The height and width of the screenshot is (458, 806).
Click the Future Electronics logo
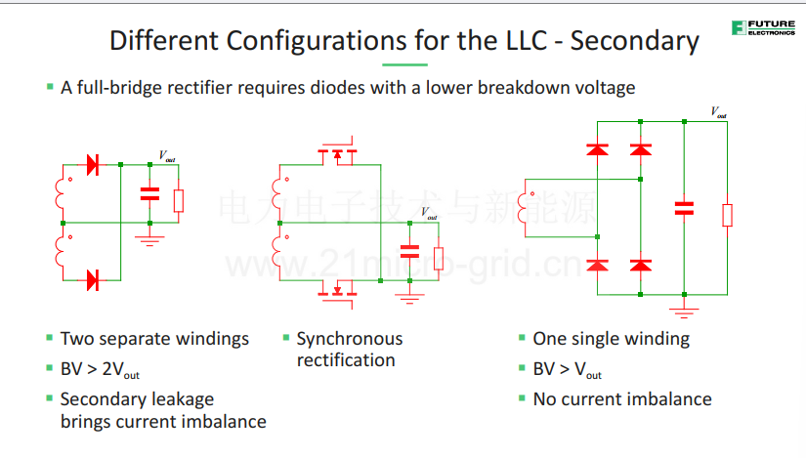[x=763, y=27]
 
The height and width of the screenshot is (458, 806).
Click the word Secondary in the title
[x=635, y=41]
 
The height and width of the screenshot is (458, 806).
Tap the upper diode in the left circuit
[x=93, y=165]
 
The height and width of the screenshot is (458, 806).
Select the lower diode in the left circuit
[x=93, y=280]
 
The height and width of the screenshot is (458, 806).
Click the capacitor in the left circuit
[x=149, y=193]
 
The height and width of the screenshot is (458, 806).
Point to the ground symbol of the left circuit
[x=149, y=240]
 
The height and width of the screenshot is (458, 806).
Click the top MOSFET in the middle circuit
[x=337, y=152]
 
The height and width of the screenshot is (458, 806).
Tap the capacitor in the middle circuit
[x=409, y=251]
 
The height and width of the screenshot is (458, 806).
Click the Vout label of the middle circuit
[x=429, y=213]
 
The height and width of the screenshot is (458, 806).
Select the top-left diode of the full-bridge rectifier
[x=597, y=149]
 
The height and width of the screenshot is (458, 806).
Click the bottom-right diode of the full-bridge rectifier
[x=641, y=266]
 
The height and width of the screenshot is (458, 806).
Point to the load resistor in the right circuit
[x=727, y=216]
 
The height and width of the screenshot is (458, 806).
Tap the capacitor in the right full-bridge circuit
[x=684, y=208]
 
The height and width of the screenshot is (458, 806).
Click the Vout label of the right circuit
[x=719, y=112]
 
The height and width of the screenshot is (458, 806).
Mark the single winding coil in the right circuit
[x=523, y=208]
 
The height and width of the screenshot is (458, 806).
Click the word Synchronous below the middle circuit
[x=350, y=339]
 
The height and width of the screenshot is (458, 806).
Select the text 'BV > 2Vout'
[x=100, y=369]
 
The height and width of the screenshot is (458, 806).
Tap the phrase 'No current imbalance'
[x=622, y=399]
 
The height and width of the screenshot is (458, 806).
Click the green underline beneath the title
[x=404, y=64]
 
